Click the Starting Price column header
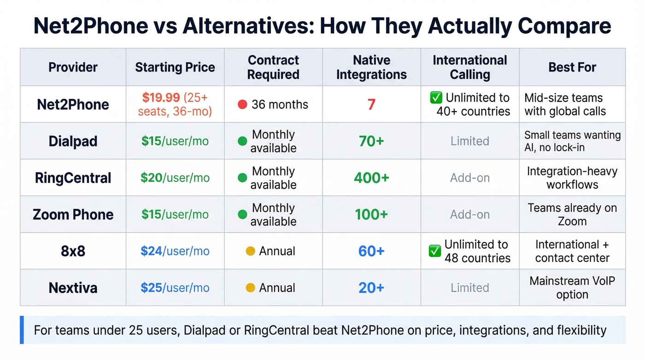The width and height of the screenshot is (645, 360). [x=175, y=67]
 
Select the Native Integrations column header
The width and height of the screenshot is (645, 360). [x=371, y=67]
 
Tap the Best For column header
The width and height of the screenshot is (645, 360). [x=572, y=67]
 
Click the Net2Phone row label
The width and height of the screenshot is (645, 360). [x=73, y=104]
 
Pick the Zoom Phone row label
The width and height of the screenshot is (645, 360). [x=73, y=214]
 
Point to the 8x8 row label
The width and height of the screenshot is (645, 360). [x=73, y=251]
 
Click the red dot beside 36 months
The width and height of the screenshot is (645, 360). [x=242, y=105]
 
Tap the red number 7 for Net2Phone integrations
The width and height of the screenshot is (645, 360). [x=371, y=105]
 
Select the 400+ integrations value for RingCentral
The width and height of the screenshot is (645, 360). [x=371, y=178]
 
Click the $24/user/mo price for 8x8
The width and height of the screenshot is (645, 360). [x=175, y=251]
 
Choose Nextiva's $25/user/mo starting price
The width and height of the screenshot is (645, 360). [x=175, y=288]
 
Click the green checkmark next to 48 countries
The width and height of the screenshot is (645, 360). [x=435, y=251]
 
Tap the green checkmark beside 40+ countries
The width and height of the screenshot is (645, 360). [x=436, y=98]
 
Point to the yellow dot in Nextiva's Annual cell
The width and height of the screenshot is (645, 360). [x=250, y=288]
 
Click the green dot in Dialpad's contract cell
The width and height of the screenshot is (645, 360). [x=242, y=142]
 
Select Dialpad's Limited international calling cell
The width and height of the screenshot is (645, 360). [x=469, y=141]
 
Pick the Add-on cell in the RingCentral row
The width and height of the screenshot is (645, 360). [x=469, y=178]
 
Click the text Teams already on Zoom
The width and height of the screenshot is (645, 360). [x=572, y=214]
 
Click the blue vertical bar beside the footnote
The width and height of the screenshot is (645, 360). [x=22, y=330]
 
